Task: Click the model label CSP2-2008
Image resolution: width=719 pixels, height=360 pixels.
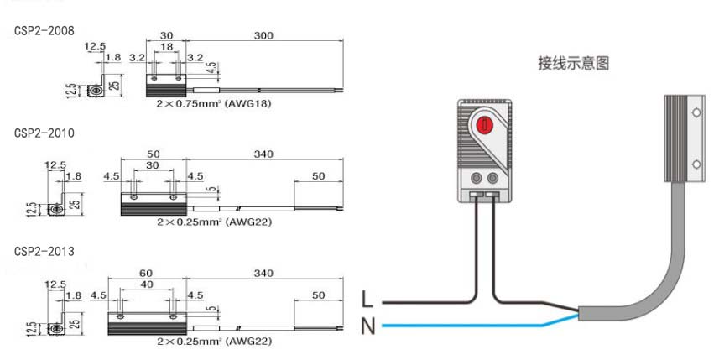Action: click(44, 30)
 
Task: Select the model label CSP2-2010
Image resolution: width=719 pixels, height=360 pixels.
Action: click(44, 133)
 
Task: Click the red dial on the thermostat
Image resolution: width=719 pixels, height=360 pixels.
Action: click(484, 127)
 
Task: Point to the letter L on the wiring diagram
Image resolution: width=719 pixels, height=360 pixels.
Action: click(367, 299)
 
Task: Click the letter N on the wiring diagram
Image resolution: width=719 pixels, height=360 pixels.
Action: click(367, 326)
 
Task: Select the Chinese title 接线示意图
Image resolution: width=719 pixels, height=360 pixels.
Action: click(573, 63)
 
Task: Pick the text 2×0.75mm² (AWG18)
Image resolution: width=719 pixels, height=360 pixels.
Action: click(215, 104)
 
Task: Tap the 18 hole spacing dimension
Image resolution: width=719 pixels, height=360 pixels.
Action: click(166, 49)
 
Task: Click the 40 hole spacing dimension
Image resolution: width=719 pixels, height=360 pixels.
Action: click(147, 284)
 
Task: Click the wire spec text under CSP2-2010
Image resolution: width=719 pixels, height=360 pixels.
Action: click(214, 222)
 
